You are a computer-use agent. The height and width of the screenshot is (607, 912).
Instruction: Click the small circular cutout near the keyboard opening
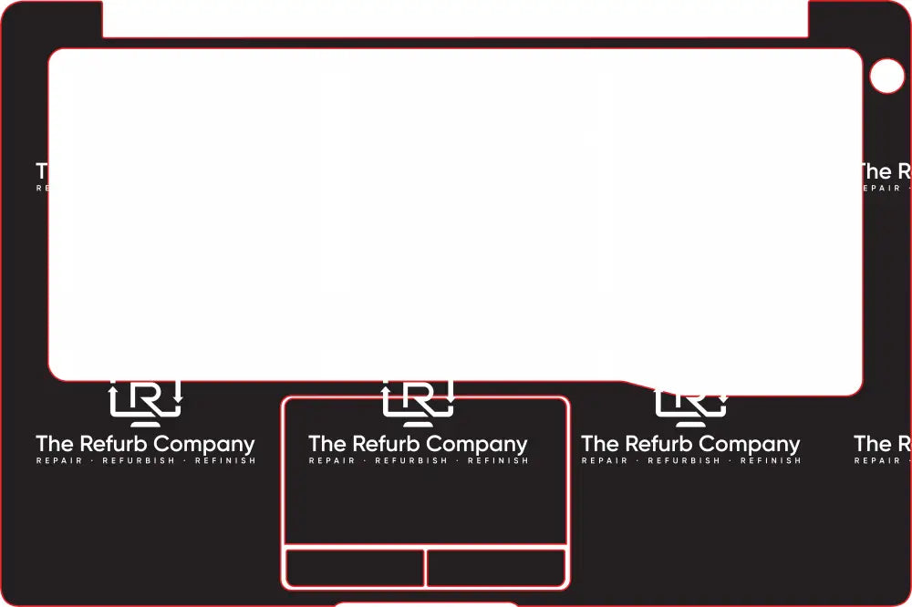pos(886,77)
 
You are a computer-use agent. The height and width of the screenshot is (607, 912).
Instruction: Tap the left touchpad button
pos(355,568)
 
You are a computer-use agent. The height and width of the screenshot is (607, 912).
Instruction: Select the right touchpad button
pos(496,568)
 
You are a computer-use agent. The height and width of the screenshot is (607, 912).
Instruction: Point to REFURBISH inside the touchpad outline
pos(411,461)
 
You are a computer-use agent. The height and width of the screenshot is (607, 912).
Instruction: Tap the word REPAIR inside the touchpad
pos(332,461)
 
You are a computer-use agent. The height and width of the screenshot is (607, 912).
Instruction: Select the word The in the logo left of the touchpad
pos(54,444)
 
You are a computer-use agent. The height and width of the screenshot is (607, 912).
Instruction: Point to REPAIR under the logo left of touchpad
pos(59,461)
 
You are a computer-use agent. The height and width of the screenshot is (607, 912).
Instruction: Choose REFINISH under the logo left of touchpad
pos(225,461)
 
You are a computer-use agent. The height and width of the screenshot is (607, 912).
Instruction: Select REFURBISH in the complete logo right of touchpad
pos(684,461)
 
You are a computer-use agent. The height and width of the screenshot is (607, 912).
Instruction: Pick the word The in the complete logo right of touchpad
pos(599,444)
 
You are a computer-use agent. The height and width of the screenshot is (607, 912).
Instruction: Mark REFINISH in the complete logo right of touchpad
pos(771,461)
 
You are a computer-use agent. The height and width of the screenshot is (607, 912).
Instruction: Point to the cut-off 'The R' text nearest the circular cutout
pos(883,171)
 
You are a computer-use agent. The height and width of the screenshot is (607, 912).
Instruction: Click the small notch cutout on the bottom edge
pos(425,604)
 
